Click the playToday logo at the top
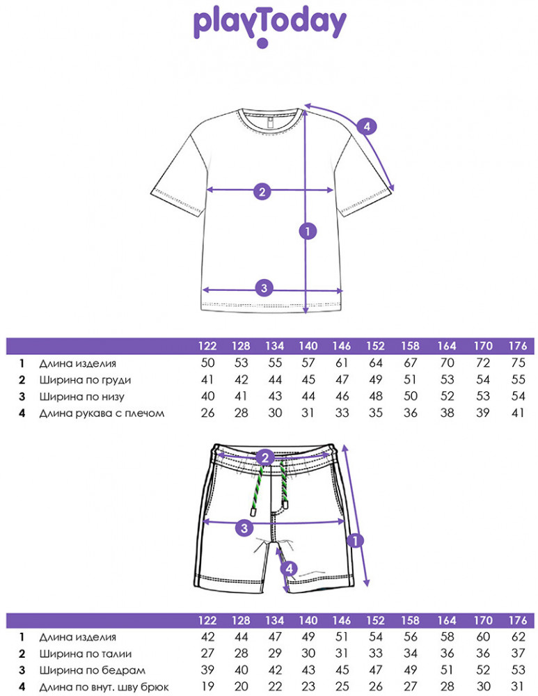click(269, 28)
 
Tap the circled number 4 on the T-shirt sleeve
click(367, 127)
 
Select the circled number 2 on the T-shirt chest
click(262, 191)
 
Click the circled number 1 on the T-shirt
click(308, 231)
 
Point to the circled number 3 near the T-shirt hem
click(264, 287)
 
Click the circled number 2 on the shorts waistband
click(265, 457)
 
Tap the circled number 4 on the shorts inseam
click(289, 568)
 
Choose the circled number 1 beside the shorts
click(355, 540)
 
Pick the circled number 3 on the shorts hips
click(244, 528)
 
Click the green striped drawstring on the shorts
click(256, 491)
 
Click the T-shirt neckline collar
click(271, 118)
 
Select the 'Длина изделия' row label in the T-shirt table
click(78, 363)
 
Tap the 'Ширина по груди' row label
click(85, 381)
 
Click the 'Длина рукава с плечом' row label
click(102, 413)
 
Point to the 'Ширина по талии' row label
click(85, 654)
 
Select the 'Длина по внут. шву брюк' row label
click(104, 688)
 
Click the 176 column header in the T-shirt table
click(518, 346)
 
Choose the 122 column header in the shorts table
click(207, 621)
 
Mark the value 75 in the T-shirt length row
click(518, 363)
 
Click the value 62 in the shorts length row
click(518, 637)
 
